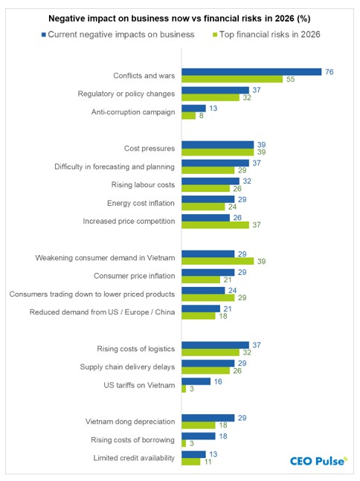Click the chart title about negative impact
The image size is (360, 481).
[180, 17]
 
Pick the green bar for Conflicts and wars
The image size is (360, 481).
[232, 79]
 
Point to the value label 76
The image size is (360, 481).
[328, 71]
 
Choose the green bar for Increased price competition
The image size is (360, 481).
[216, 224]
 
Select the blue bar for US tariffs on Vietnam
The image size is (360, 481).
[196, 381]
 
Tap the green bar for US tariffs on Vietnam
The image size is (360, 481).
[184, 388]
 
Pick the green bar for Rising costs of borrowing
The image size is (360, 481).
[184, 442]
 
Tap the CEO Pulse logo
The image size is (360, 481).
[318, 461]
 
